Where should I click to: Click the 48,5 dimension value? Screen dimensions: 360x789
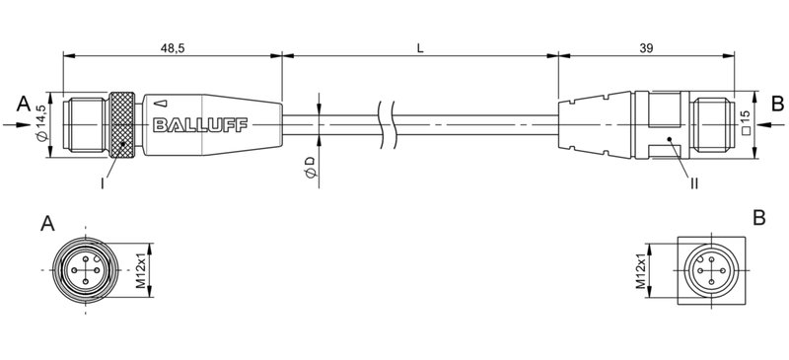click(172, 46)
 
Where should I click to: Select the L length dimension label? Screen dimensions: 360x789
click(420, 46)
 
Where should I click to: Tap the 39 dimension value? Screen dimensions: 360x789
click(645, 46)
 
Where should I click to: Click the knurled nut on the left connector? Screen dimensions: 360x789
click(122, 124)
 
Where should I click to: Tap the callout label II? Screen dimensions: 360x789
click(694, 181)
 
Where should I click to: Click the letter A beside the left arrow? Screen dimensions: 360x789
click(22, 103)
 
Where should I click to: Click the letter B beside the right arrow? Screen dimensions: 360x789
click(776, 103)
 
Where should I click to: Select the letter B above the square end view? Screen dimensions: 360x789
click(758, 217)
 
